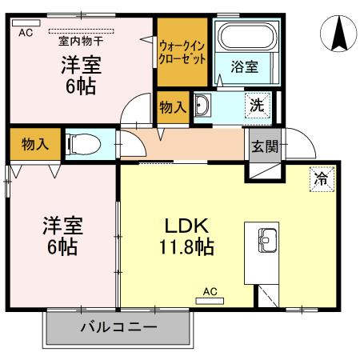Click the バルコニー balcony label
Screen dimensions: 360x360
tap(118, 327)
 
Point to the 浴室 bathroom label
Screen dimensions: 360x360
tap(245, 67)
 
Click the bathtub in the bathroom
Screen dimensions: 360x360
tap(245, 40)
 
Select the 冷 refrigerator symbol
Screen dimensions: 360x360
tap(319, 180)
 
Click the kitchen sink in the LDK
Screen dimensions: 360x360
tap(267, 238)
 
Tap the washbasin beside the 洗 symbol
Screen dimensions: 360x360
tap(202, 106)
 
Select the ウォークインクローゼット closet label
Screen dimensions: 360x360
tap(184, 52)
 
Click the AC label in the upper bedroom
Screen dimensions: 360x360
tap(25, 33)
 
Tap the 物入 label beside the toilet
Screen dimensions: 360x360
tap(35, 145)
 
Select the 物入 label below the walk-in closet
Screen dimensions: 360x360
tap(172, 106)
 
